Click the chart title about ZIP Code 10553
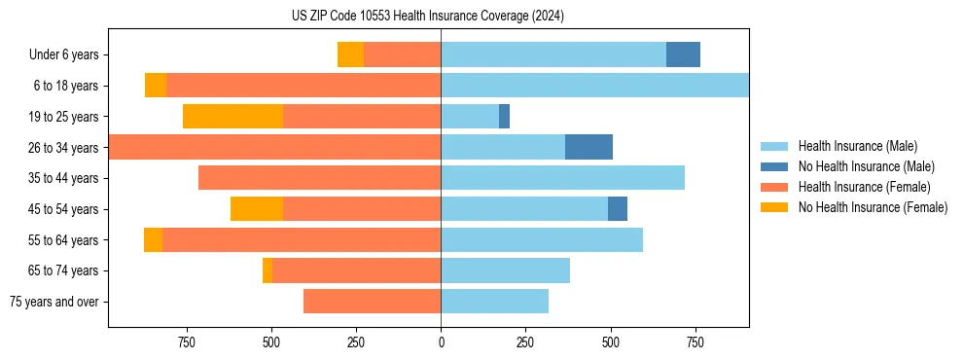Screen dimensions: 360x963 (428, 16)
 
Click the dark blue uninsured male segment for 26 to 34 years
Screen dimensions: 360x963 (588, 147)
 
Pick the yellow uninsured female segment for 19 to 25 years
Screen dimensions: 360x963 (232, 117)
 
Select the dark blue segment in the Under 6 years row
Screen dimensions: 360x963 (683, 54)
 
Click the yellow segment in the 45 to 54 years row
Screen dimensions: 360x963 (257, 209)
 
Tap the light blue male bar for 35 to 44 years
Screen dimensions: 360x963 (562, 178)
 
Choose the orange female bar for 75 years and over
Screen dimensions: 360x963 (372, 302)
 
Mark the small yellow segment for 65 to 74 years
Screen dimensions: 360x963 (267, 270)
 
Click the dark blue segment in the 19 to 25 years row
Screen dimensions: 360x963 (504, 117)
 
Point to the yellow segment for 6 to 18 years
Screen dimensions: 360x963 (156, 86)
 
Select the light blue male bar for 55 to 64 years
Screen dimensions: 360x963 (542, 239)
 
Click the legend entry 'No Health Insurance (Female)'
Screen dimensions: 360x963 (872, 207)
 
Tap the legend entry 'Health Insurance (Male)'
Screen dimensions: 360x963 (857, 146)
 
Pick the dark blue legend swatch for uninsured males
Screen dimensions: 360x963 (774, 166)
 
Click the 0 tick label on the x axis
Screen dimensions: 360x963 (441, 342)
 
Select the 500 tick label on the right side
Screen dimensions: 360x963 (610, 342)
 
